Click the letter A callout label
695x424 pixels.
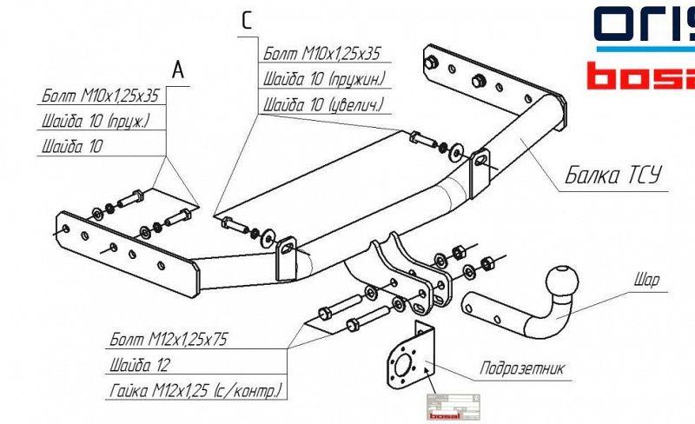coord(178,70)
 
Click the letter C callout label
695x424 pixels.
coord(247,22)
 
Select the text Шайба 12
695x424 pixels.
coord(139,364)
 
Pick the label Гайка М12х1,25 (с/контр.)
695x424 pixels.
coord(197,388)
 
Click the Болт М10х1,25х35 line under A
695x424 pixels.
coord(101,96)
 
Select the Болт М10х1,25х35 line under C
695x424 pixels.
coord(322,55)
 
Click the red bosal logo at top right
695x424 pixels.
coord(640,75)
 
